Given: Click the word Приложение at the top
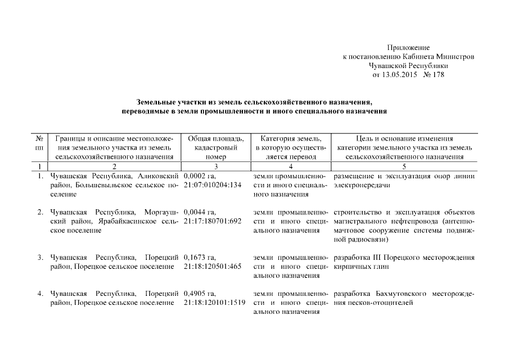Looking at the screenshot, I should click(408, 48).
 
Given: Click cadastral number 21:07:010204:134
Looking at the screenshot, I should click(212, 185).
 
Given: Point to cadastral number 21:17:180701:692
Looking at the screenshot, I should click(212, 221).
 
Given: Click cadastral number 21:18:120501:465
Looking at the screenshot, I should click(212, 267).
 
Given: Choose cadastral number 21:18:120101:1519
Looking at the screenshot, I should click(214, 303).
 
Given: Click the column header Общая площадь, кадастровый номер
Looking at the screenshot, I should click(215, 147).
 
